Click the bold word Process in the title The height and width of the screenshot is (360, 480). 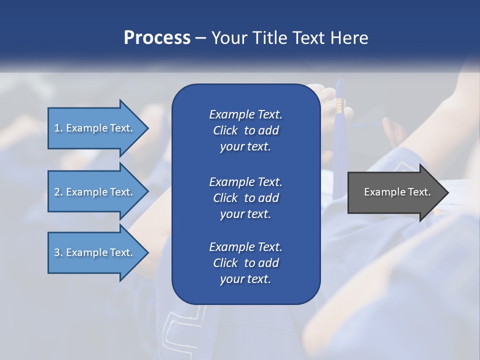click(x=157, y=38)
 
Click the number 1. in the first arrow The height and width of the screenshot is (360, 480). click(x=58, y=128)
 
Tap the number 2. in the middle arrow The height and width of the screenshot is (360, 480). click(x=58, y=192)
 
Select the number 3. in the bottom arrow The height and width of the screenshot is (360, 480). click(x=58, y=252)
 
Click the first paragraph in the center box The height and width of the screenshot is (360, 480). click(x=245, y=130)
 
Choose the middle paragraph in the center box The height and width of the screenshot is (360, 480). click(x=245, y=198)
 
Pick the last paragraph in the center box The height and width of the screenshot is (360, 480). click(x=245, y=263)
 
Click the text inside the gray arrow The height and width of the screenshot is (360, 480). click(x=397, y=192)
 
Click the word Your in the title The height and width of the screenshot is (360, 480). click(x=227, y=38)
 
